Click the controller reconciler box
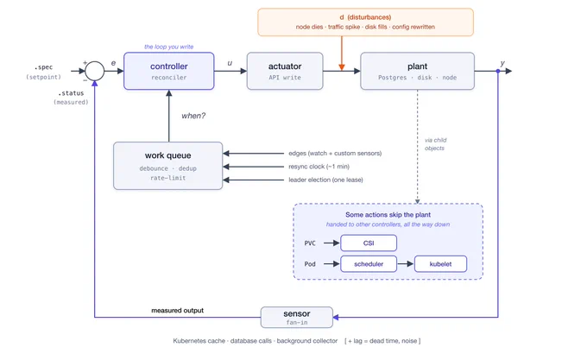169,71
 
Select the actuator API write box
285,71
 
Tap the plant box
418,71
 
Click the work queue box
168,166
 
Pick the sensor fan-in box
297,318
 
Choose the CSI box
369,243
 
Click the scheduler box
369,264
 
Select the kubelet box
440,264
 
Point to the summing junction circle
95,71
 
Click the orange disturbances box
365,22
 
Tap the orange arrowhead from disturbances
342,67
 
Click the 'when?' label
193,116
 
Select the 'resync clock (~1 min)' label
319,167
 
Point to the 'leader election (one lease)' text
325,180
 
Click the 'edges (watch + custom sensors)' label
335,153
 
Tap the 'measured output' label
178,310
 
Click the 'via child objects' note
435,144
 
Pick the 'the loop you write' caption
169,47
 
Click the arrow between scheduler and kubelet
406,264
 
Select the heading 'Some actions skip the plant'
388,215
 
